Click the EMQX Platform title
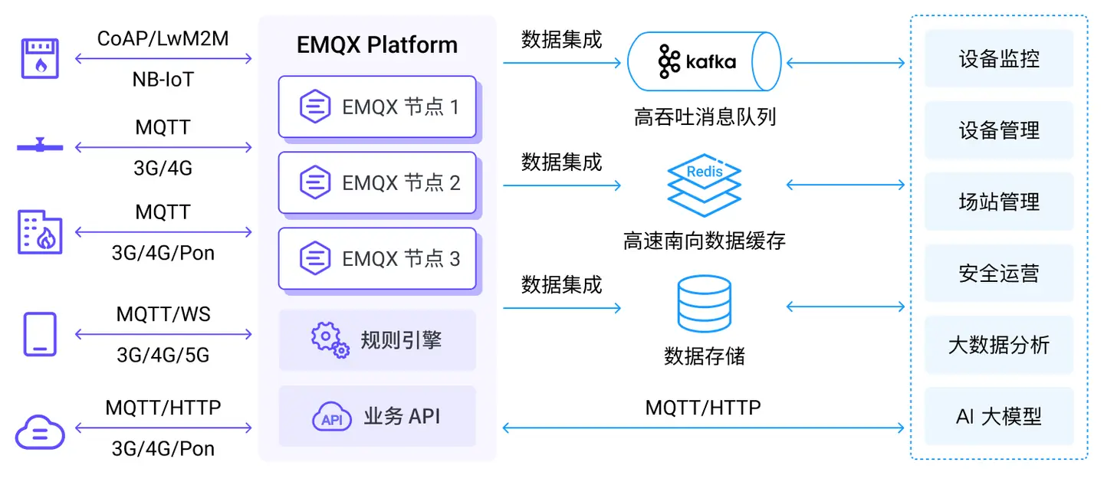coord(376,45)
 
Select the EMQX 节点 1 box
coord(377,107)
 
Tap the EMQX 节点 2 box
coord(377,182)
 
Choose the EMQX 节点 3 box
coord(377,258)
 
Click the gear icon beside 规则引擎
coord(330,339)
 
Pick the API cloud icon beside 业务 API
coord(331,418)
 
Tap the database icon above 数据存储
coord(704,304)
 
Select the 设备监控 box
coord(999,59)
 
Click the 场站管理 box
coord(999,202)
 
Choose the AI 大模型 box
coord(999,417)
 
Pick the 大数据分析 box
coord(999,345)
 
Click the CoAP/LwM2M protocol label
coord(163,38)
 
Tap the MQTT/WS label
coord(163,314)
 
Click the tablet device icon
coord(40,334)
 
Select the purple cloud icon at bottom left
coord(40,432)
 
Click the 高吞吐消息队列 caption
coord(705,117)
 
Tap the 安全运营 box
coord(999,274)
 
